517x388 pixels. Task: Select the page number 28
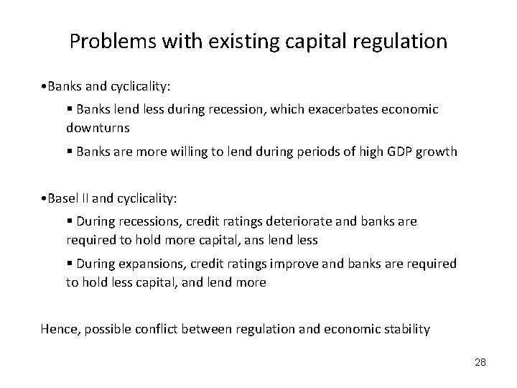click(480, 361)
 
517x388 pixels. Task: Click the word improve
click(277, 264)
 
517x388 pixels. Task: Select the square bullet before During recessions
click(69, 222)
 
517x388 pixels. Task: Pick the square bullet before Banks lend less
click(69, 109)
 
